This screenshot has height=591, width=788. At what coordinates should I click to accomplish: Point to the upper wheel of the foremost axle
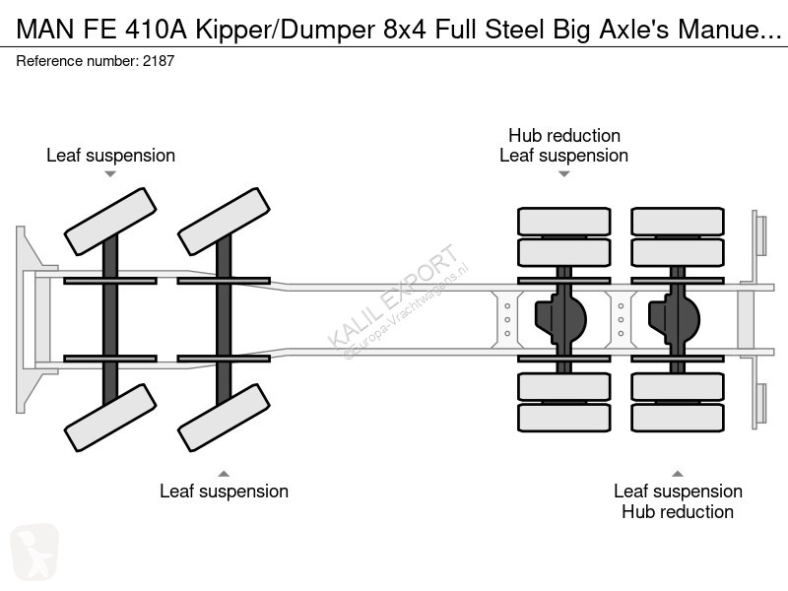pyautogui.click(x=110, y=222)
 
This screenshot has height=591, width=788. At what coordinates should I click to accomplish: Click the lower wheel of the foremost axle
pyautogui.click(x=110, y=418)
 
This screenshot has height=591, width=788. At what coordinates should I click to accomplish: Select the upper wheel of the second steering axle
pyautogui.click(x=224, y=222)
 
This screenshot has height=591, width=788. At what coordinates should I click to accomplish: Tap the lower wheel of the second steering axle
pyautogui.click(x=224, y=418)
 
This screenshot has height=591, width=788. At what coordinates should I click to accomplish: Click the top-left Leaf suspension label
pyautogui.click(x=110, y=156)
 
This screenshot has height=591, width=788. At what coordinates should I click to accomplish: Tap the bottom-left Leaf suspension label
pyautogui.click(x=224, y=491)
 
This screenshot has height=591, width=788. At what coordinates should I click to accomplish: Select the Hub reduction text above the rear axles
pyautogui.click(x=563, y=135)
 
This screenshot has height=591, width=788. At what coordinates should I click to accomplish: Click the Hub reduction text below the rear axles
pyautogui.click(x=678, y=511)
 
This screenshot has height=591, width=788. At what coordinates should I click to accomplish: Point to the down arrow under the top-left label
pyautogui.click(x=110, y=174)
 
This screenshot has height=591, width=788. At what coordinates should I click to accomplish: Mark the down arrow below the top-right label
pyautogui.click(x=563, y=174)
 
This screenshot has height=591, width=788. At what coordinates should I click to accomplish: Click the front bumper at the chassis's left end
pyautogui.click(x=25, y=319)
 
